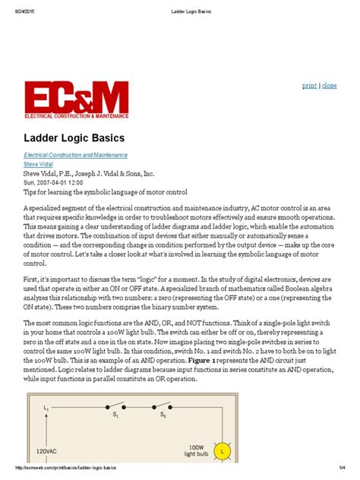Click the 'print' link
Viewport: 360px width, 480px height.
click(x=309, y=86)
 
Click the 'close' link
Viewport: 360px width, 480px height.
click(x=330, y=86)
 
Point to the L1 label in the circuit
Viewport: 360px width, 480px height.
click(x=46, y=408)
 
